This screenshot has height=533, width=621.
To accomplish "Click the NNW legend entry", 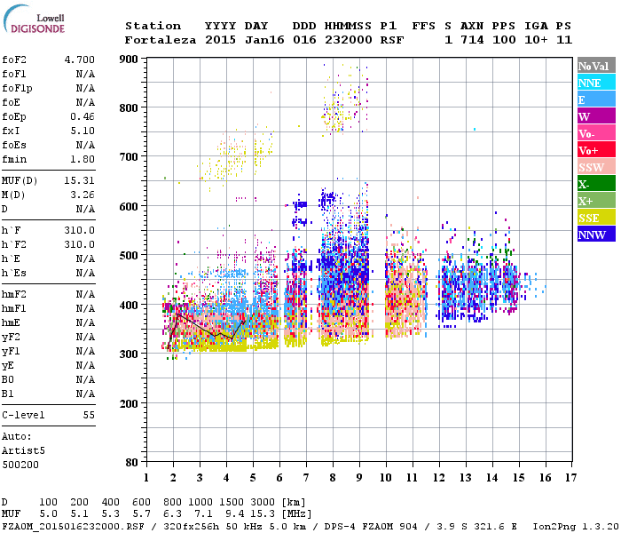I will (x=596, y=235).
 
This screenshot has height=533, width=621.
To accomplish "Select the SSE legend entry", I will (x=596, y=218).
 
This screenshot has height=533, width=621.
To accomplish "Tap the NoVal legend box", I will (x=596, y=66).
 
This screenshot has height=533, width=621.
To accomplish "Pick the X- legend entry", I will (x=596, y=184).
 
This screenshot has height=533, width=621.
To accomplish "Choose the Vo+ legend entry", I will (x=596, y=150).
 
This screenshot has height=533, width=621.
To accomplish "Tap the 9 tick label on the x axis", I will (x=359, y=478).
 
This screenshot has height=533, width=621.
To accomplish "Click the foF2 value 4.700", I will (x=80, y=60).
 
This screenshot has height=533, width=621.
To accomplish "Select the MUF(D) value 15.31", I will (x=80, y=180).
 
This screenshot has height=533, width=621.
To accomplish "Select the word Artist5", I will (x=23, y=450).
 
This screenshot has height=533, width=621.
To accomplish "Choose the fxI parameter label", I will (x=12, y=131).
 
